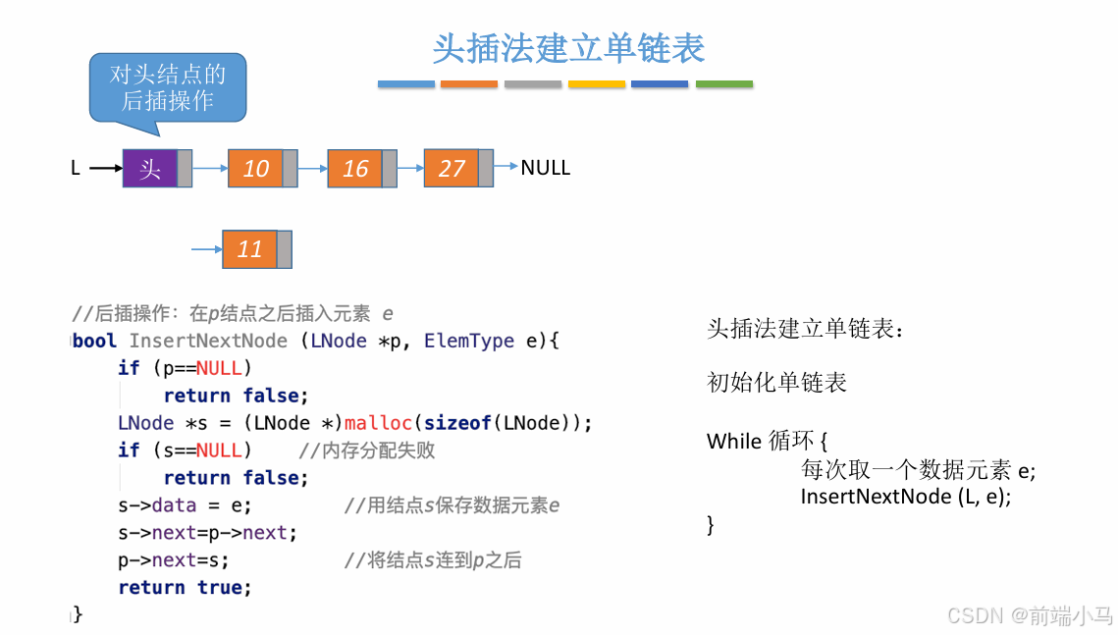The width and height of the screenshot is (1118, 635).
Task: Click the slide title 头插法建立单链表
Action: pos(568,49)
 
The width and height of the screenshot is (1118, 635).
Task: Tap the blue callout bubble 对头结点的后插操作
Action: pos(167,87)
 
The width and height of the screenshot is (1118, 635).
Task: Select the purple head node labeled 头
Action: pos(150,169)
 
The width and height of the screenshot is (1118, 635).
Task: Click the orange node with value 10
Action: pos(255,169)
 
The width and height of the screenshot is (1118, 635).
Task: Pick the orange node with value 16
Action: pos(355,169)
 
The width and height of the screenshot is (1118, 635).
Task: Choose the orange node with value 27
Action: pos(452,168)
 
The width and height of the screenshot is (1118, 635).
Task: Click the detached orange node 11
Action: pos(249,249)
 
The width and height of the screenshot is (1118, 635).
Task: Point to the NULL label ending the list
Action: pos(545,168)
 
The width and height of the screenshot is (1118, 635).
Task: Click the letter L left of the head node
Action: pos(76,169)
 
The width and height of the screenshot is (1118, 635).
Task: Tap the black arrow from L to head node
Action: pos(105,169)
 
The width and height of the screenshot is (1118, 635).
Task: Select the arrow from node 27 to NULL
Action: pos(506,167)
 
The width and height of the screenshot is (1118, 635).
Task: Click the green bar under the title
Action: pos(723,84)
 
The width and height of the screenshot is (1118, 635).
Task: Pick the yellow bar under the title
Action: pos(597,84)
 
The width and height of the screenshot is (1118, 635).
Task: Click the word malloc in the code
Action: pos(378,423)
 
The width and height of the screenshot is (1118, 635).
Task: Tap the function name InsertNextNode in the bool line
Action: pos(208,341)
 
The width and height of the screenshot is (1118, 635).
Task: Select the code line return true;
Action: pos(185,587)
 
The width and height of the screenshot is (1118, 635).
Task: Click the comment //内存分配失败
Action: pos(366,450)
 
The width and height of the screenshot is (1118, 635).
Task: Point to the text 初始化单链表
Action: pos(776,383)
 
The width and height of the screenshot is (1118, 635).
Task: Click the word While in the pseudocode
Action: pos(734,442)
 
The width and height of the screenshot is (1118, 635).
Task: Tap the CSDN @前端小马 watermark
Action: pos(1029,615)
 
